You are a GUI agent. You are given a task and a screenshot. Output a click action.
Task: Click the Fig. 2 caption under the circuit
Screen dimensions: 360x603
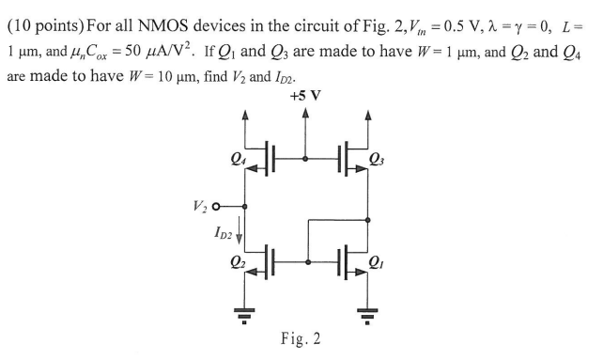click(x=301, y=337)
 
